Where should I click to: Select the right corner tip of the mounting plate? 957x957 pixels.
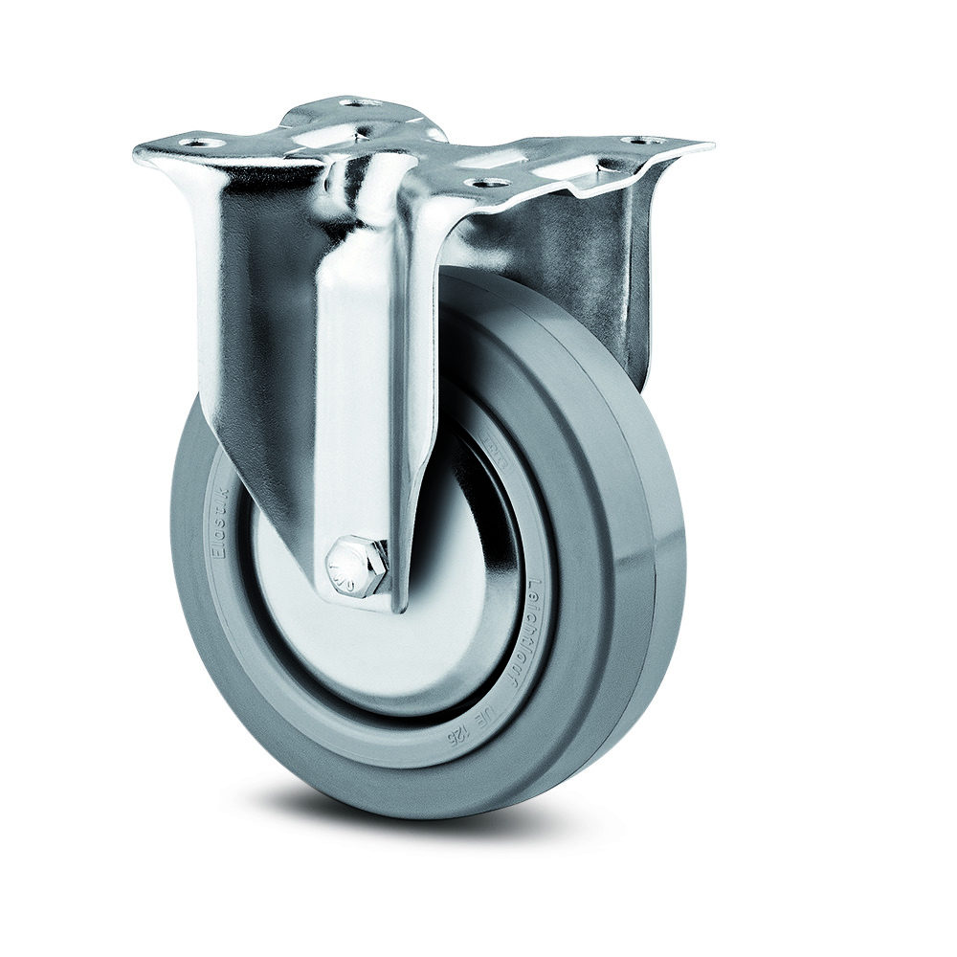pos(710,145)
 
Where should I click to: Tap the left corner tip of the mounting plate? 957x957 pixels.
pos(136,153)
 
